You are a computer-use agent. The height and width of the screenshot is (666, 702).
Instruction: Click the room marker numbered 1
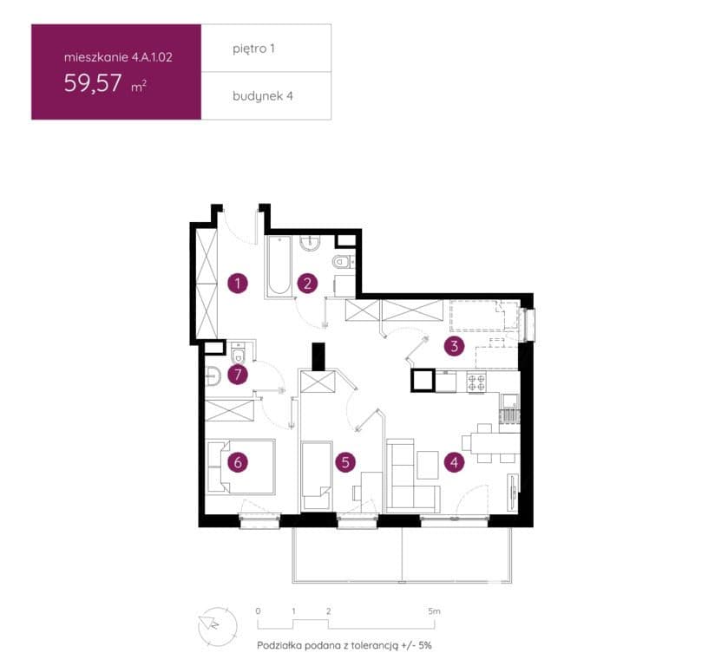pos(237,283)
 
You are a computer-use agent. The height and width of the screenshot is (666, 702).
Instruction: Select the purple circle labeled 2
pos(307,283)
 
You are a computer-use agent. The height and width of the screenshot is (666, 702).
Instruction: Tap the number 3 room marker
pos(455,346)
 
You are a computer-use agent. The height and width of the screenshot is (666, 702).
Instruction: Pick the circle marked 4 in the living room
pos(455,462)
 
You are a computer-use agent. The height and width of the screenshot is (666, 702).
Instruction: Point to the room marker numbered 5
pos(345,462)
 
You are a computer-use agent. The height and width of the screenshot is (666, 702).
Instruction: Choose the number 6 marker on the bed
pos(238,462)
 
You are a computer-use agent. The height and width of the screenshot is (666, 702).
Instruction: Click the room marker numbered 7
pos(238,375)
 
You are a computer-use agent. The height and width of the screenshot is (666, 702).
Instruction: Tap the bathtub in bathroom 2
pos(279,265)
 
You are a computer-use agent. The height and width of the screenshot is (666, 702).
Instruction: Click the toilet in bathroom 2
pos(343,261)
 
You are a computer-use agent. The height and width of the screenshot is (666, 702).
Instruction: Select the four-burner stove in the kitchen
pos(476,382)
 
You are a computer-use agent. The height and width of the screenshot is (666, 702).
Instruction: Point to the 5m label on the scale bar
pos(434,611)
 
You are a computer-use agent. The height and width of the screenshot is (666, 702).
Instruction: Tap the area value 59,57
pos(93,83)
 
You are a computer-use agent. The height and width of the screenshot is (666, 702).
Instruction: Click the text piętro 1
pos(253,49)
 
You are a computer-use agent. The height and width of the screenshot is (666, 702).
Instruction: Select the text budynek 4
pos(263,96)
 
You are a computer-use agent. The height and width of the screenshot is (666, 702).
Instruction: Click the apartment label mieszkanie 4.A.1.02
pos(118,57)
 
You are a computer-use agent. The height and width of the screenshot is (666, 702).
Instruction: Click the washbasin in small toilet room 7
pos(213,376)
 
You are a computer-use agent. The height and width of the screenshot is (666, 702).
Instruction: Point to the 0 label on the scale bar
pos(258,611)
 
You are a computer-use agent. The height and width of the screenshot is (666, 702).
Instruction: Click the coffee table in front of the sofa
pos(428,465)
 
